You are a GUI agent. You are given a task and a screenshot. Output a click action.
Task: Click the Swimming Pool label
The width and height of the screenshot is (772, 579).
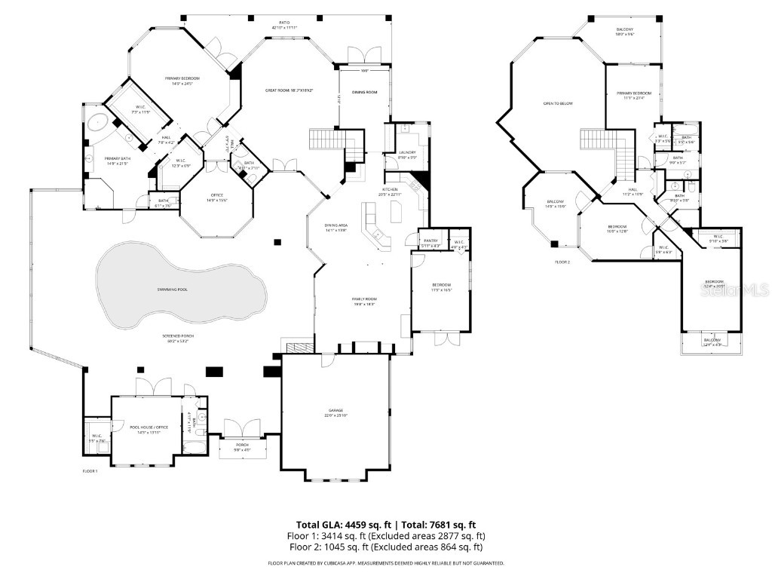coord(173,289)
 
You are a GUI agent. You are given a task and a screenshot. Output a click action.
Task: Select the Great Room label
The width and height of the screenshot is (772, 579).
coord(289,90)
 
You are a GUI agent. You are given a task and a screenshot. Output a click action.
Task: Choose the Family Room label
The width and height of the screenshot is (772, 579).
coord(364,299)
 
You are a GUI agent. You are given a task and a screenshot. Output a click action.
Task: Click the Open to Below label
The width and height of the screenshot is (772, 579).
coord(558,103)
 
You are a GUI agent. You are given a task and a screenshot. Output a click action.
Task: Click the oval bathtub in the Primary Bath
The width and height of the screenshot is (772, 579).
coord(98,123)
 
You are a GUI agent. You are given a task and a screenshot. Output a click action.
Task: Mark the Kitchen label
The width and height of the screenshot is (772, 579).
coord(391,189)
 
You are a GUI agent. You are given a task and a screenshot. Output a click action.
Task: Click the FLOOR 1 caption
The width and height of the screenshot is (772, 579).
coord(90,470)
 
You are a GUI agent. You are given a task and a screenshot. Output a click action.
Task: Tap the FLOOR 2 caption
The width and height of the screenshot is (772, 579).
coord(562,262)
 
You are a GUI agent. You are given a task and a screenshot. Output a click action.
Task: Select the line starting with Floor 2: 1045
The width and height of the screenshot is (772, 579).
coord(386,547)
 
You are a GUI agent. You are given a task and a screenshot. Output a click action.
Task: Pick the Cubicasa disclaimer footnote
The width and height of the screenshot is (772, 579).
coord(386,563)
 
